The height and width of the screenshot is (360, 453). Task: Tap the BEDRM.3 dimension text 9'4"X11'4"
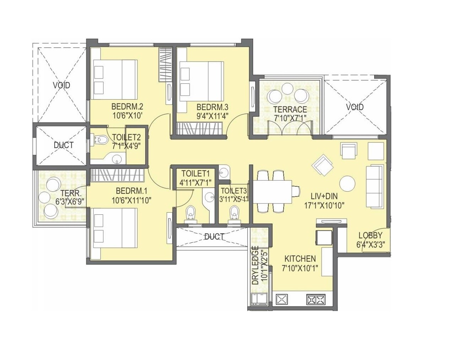pyautogui.click(x=212, y=115)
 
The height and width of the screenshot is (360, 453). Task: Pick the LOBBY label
pyautogui.click(x=370, y=235)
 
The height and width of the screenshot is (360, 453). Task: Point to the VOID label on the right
pyautogui.click(x=355, y=107)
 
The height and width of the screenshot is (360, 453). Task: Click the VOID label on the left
pyautogui.click(x=61, y=85)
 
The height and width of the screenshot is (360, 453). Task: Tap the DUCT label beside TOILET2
pyautogui.click(x=64, y=145)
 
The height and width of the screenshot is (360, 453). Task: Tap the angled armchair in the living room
pyautogui.click(x=323, y=165)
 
